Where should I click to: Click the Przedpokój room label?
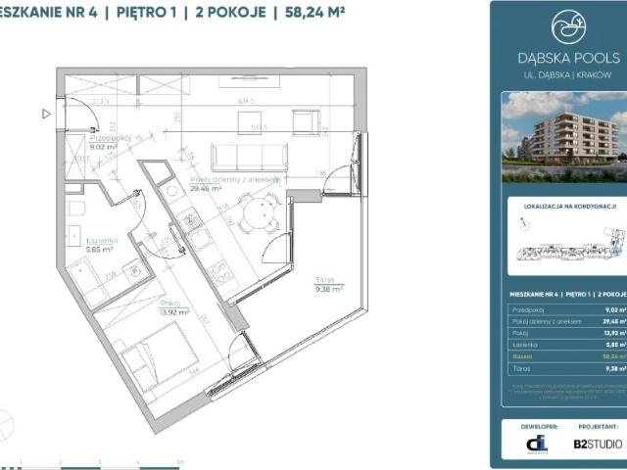(84, 139)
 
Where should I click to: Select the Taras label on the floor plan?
(327, 279)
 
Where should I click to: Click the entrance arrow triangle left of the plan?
(46, 114)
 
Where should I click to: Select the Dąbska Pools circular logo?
(568, 28)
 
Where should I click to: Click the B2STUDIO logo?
(596, 444)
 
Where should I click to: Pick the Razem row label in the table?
(520, 357)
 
